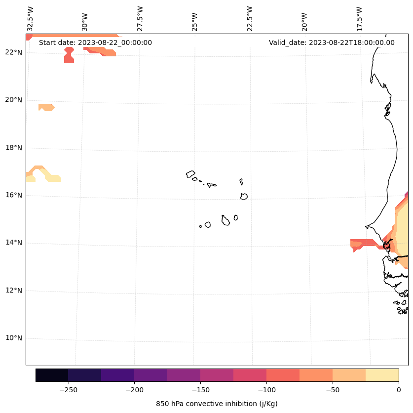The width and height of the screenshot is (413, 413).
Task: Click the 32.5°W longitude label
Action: tap(31, 19)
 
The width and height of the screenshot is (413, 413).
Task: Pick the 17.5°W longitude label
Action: tap(360, 19)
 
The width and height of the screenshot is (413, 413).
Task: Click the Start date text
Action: tap(95, 42)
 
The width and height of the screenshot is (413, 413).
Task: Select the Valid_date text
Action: tap(332, 42)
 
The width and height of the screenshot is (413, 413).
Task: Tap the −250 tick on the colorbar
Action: tap(68, 390)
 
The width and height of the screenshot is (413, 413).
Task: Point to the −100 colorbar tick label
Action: tap(266, 390)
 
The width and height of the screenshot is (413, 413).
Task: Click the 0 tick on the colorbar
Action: tap(398, 390)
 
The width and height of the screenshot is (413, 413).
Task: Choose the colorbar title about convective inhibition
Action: tap(217, 404)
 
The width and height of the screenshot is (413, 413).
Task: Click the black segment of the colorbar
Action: tap(52, 375)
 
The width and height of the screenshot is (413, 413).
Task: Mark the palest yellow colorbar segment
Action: tap(382, 375)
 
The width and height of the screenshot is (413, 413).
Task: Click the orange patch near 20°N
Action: tap(46, 107)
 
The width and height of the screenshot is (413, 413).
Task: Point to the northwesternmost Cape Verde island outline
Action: tap(190, 174)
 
